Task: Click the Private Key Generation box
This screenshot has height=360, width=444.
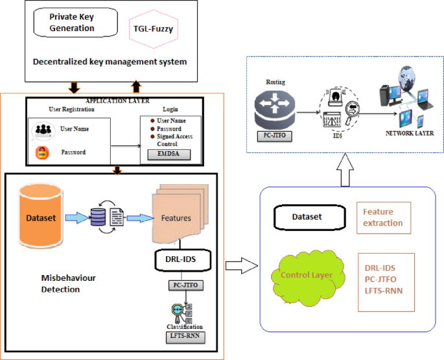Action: (72, 23)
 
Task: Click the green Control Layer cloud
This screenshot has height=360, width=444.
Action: (307, 275)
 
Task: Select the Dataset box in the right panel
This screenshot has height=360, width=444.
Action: (305, 217)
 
